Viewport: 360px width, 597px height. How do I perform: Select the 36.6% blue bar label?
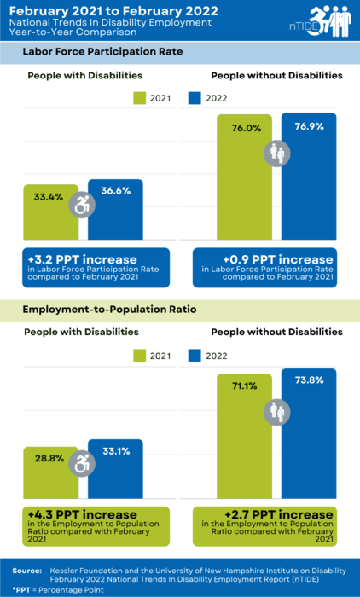click(115, 191)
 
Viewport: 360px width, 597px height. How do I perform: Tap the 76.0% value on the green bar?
click(245, 129)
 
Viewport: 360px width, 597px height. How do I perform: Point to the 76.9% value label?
click(308, 125)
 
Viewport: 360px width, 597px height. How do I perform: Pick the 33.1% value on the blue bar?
click(115, 450)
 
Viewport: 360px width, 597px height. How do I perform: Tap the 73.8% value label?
click(308, 380)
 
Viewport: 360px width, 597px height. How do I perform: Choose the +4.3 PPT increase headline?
click(81, 514)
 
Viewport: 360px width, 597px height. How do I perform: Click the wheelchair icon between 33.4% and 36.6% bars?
click(83, 205)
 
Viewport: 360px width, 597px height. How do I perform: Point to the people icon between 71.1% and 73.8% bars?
click(277, 409)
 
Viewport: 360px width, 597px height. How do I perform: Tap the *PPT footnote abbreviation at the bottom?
click(21, 588)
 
